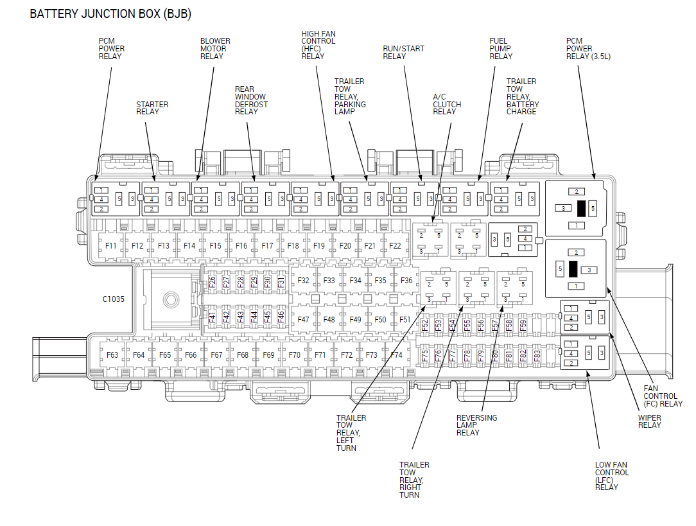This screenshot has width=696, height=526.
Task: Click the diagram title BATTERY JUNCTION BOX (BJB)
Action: coord(110,13)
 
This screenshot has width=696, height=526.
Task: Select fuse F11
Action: coord(111,245)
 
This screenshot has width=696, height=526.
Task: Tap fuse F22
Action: coord(395,245)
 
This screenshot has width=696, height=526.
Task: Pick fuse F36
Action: coord(406,281)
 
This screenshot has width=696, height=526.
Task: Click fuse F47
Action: coord(303,319)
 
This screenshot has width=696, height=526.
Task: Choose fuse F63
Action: coord(112,355)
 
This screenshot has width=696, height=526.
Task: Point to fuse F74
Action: coord(396,355)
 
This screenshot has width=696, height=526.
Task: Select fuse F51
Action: coord(405,319)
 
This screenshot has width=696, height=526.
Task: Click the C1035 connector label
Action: coord(114,299)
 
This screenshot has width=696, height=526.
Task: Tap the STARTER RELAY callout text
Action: coord(152,108)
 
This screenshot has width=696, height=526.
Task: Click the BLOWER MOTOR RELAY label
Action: coord(215,48)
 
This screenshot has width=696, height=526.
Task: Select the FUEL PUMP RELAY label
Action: coord(501,48)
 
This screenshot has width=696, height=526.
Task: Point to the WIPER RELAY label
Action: coord(649,421)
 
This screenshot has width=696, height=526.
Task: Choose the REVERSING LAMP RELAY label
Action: coord(476,425)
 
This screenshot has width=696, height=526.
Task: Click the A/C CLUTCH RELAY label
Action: coord(446,104)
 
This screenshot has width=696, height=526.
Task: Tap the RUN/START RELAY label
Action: coord(403,52)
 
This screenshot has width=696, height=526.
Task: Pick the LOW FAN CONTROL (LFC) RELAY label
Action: coord(611,476)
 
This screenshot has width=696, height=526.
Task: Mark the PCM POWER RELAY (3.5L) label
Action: coord(587,48)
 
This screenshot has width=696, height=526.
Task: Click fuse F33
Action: coord(329,281)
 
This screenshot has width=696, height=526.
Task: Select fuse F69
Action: coord(268,355)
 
